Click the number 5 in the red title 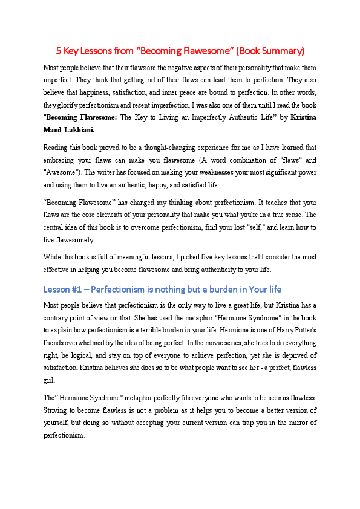(59, 50)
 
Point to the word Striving (56, 410)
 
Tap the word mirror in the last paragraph (290, 422)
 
